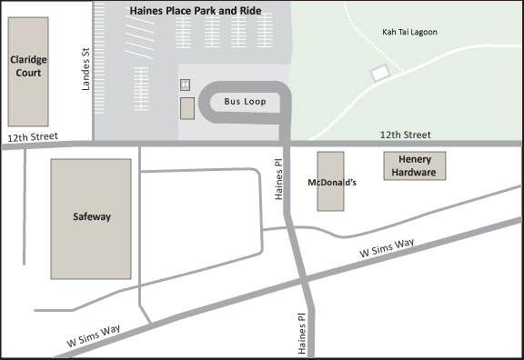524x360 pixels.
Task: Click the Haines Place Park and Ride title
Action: click(195, 10)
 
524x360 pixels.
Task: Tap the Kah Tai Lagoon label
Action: click(409, 32)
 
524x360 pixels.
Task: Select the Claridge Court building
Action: click(28, 72)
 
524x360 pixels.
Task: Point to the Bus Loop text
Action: click(246, 102)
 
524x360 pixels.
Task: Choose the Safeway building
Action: click(91, 218)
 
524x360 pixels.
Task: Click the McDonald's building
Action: click(331, 182)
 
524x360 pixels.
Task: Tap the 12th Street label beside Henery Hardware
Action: click(405, 135)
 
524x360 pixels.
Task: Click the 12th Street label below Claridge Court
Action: click(32, 137)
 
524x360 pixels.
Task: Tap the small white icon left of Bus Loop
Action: click(186, 84)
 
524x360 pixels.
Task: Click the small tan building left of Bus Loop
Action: click(186, 108)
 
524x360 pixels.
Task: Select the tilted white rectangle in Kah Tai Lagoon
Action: click(379, 72)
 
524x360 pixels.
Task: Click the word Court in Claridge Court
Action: click(27, 77)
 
